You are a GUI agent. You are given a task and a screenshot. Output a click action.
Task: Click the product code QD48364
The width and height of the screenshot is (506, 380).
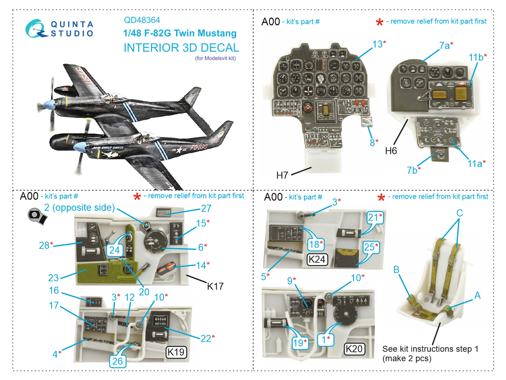[x=142, y=20]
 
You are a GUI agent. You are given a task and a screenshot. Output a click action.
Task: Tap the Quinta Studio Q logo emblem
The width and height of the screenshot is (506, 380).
[x=36, y=28]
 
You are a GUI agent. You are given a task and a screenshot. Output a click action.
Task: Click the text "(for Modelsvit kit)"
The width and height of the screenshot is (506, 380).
[x=215, y=58]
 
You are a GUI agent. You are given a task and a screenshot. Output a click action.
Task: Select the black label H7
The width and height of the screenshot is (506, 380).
[x=282, y=175]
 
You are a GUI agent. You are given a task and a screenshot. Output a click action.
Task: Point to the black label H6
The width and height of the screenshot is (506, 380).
[x=391, y=151]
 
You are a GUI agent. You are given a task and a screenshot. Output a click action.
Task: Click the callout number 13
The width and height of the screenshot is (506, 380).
[x=377, y=44]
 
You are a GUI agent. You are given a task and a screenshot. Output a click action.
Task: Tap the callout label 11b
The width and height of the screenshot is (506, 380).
[x=476, y=57]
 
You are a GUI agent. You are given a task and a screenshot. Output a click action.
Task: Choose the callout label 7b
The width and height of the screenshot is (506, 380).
[x=412, y=170]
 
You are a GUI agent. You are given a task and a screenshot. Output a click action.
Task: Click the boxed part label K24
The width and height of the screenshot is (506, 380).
[x=317, y=260]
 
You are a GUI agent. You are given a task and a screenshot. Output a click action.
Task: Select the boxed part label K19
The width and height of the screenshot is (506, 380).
[x=176, y=352]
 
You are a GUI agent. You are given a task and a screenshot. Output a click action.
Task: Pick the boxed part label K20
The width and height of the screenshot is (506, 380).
[x=354, y=349]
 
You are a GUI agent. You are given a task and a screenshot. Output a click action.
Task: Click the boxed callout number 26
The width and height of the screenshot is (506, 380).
[x=117, y=361]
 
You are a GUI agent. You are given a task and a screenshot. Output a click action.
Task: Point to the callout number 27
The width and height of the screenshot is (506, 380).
[x=206, y=208]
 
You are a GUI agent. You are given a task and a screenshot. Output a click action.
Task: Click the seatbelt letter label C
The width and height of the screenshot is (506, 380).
[x=460, y=213]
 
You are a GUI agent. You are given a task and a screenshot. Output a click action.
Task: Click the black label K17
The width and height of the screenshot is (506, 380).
[x=215, y=286]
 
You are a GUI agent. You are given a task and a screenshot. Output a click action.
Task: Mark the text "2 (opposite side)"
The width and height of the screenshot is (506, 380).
[x=79, y=208]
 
